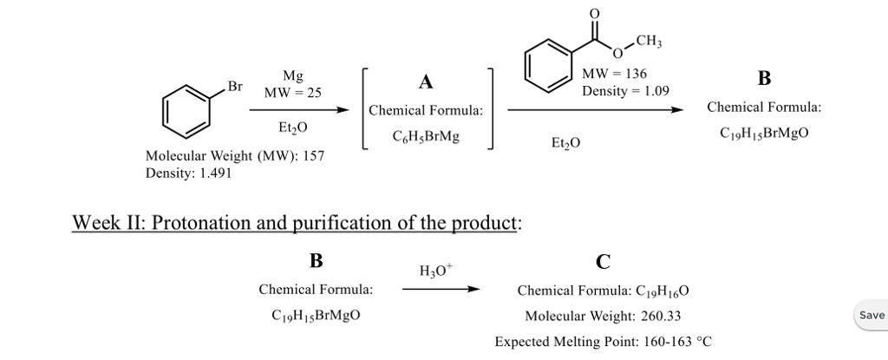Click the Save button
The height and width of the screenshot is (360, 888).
872,315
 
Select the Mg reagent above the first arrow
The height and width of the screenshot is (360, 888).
292,77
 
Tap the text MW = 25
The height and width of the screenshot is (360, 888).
292,93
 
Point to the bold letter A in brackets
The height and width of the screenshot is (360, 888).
425,82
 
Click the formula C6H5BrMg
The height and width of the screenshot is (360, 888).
425,136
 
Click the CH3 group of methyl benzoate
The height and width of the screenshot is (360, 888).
649,39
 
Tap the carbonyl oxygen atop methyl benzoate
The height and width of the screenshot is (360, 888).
594,14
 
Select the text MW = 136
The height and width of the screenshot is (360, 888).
615,75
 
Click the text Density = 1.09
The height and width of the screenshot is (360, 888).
625,90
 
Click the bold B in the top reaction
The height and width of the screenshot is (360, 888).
763,80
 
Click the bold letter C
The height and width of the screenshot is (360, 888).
603,260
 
